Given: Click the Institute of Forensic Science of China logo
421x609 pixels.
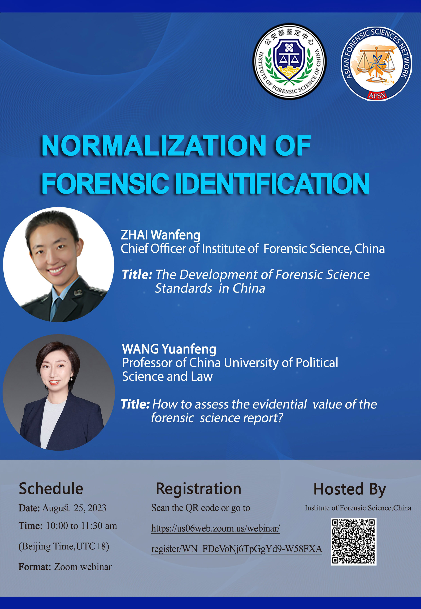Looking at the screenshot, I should click(x=290, y=61).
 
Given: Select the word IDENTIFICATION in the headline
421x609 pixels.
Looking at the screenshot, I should click(x=272, y=184).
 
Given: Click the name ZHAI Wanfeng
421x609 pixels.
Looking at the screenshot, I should click(x=160, y=235).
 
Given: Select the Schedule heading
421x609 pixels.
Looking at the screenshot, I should click(x=51, y=488).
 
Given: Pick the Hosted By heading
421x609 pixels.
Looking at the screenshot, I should click(x=350, y=489).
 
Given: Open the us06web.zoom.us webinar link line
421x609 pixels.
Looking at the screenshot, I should click(x=215, y=528).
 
